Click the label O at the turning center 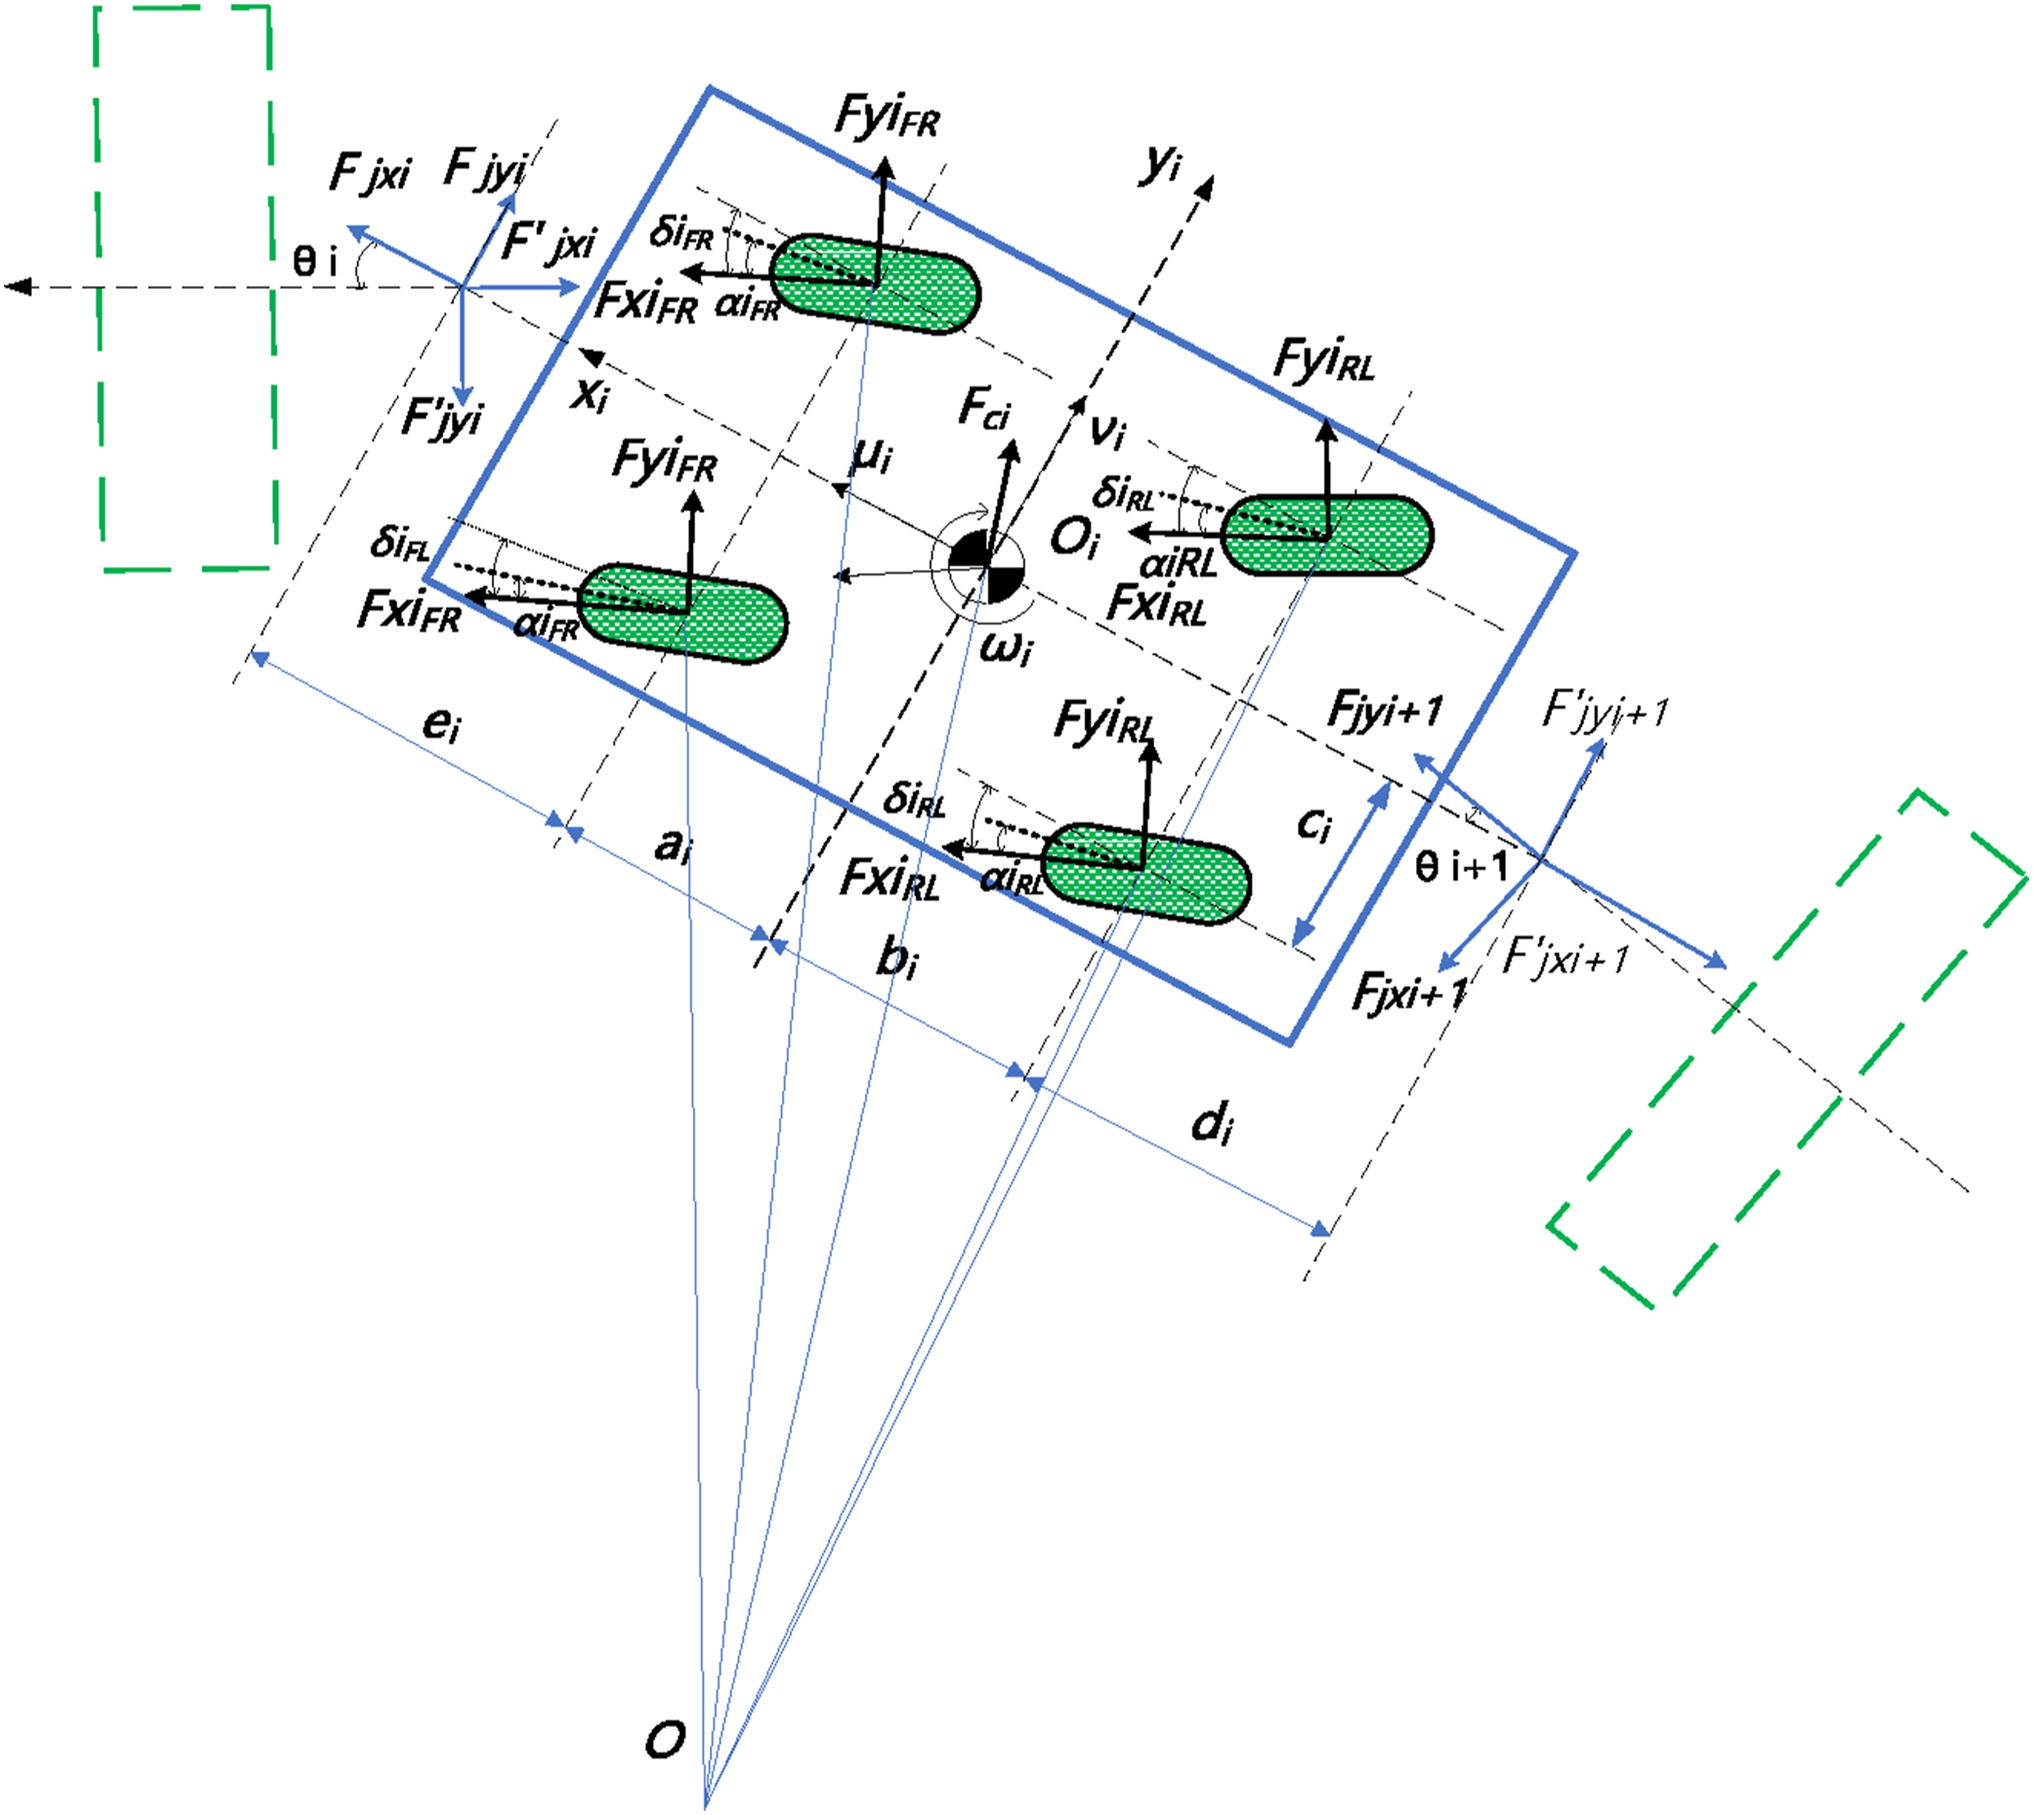click(x=665, y=1740)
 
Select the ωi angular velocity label click(x=1006, y=648)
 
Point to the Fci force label click(x=984, y=408)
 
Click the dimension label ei click(x=442, y=722)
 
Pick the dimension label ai click(x=672, y=846)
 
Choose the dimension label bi click(x=897, y=958)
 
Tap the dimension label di click(x=1213, y=1123)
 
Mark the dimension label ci click(x=1314, y=825)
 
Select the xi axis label click(x=590, y=395)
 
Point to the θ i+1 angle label click(x=1461, y=865)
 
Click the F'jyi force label click(x=441, y=417)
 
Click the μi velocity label click(x=872, y=456)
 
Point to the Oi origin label click(x=1074, y=539)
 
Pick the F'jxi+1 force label click(x=1564, y=958)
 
